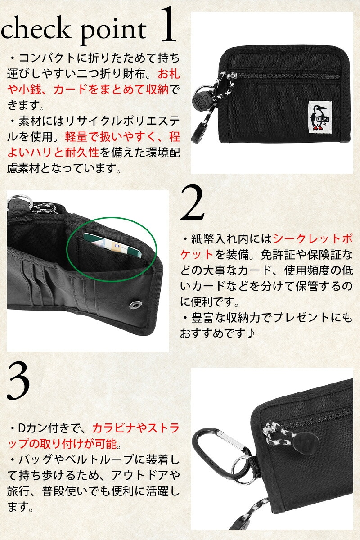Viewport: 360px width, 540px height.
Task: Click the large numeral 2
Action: coord(193,202)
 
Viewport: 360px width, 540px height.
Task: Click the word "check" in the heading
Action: coord(35,29)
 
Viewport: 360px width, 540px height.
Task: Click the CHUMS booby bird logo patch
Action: coord(320,116)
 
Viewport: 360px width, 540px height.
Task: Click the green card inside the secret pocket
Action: coord(112,244)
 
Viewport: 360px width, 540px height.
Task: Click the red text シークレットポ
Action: coord(313,239)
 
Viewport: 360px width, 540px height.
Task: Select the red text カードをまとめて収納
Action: coord(111,90)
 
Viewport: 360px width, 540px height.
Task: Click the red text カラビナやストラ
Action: coord(136,428)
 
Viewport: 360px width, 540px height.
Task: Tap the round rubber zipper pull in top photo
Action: coord(199,99)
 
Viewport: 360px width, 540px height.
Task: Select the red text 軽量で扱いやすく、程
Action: coord(122,137)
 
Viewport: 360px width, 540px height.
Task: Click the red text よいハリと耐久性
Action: coord(53,153)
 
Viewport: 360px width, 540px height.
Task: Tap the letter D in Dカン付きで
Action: coord(22,428)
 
